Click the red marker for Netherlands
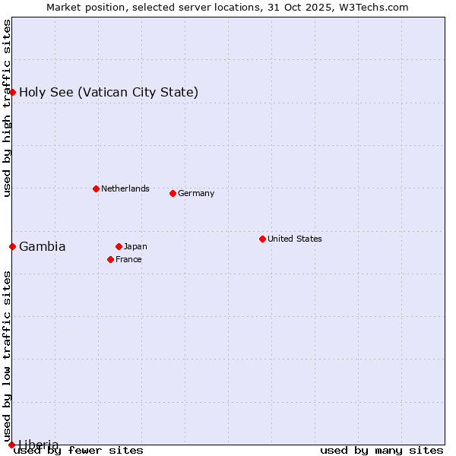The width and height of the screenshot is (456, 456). (x=96, y=188)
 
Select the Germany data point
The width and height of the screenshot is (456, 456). (x=173, y=193)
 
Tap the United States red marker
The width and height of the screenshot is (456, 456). (x=262, y=239)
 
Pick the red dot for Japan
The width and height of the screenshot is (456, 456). (x=119, y=246)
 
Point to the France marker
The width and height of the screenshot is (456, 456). (x=110, y=259)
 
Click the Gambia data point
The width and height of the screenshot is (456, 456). (x=12, y=246)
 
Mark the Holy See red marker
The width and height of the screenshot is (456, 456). (x=12, y=92)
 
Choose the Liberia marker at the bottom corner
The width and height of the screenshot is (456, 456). (x=11, y=445)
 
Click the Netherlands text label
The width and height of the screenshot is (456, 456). (x=125, y=188)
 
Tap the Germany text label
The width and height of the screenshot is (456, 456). (x=196, y=193)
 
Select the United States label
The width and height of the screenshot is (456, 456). (x=295, y=239)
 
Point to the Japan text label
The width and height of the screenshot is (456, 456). (x=135, y=246)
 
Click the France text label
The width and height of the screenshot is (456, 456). (x=128, y=259)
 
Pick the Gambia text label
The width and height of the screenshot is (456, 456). (x=43, y=246)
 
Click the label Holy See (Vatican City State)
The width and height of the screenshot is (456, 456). (x=109, y=92)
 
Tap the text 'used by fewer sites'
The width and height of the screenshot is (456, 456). (x=79, y=450)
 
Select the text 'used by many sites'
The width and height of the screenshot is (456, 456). (x=382, y=450)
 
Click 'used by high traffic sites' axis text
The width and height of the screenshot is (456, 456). (x=7, y=108)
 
